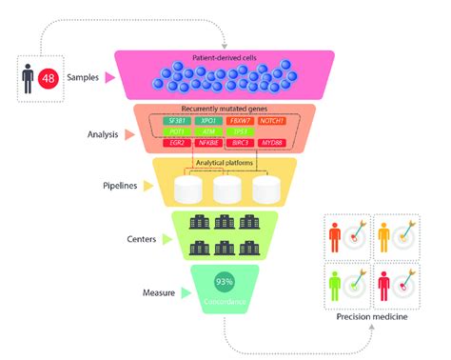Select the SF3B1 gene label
[180, 122]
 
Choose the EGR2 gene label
[180, 143]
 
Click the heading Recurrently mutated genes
[225, 110]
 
